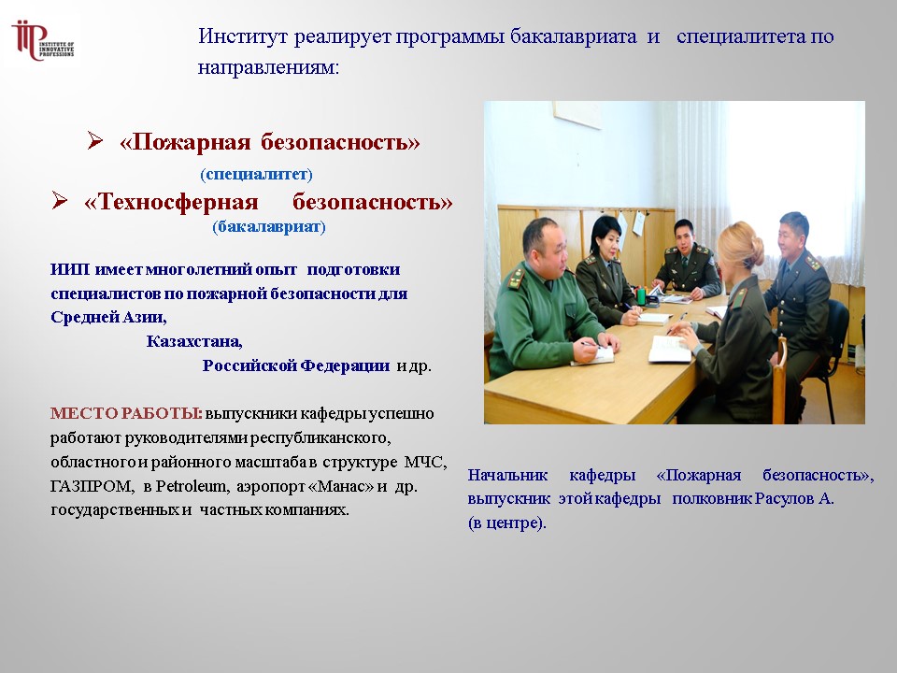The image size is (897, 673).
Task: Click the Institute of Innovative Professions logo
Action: click(43, 41)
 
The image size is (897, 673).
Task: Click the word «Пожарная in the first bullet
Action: click(185, 142)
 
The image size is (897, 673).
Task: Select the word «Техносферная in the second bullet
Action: click(171, 202)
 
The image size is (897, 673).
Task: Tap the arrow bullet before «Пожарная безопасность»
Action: click(95, 140)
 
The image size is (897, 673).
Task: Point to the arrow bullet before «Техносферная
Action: click(60, 200)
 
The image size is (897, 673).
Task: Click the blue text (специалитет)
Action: click(256, 174)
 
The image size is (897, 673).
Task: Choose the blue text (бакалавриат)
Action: click(269, 226)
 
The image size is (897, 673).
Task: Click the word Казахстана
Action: click(194, 341)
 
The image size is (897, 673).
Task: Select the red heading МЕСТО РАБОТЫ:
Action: click(126, 413)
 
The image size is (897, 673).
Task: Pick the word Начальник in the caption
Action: click(507, 475)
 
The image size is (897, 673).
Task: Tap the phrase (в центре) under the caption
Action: click(505, 523)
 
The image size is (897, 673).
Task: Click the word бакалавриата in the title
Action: click(573, 36)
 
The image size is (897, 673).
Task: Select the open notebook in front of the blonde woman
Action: click(669, 349)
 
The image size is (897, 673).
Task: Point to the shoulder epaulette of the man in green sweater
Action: click(516, 279)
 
